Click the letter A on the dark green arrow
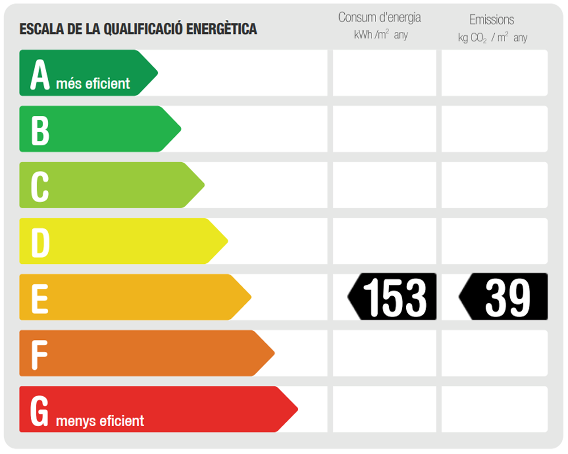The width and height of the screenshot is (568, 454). point(40,74)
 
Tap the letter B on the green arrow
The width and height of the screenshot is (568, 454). point(40,130)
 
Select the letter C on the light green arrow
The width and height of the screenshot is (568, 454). point(40,186)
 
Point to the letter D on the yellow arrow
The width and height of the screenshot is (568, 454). point(40,242)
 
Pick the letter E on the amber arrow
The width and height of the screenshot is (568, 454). point(39,298)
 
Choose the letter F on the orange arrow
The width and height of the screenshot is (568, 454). point(39,354)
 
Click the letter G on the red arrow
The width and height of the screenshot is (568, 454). point(40,410)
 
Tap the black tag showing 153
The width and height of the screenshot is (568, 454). point(393,297)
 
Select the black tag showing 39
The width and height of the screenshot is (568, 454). point(504,297)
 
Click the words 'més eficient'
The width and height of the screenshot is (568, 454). point(93,84)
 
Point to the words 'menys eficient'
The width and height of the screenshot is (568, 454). point(100,421)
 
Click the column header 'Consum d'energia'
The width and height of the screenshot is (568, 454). point(379,17)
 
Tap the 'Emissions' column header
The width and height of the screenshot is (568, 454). point(491,19)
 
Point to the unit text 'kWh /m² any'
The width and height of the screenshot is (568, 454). point(381,35)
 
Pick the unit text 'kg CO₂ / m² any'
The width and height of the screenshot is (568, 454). point(492,38)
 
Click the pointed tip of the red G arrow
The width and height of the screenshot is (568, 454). point(296,409)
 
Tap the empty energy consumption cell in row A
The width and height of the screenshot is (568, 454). point(384,73)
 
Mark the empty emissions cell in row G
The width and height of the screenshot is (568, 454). point(495,409)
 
